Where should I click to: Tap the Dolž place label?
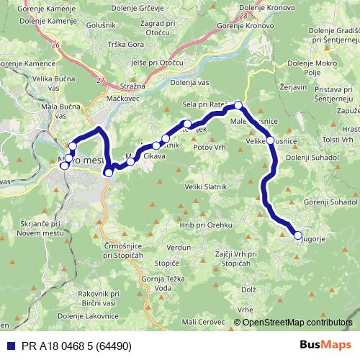tap(248, 289)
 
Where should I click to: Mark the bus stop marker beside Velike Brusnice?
tap(269, 141)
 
